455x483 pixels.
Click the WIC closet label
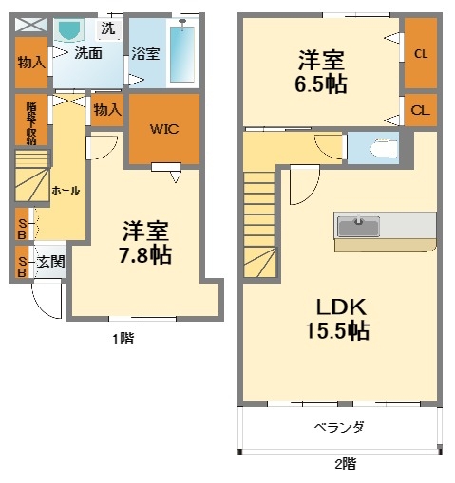[163, 128]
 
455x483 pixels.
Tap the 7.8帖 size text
[145, 254]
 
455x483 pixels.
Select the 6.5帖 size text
[319, 84]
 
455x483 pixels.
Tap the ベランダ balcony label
[339, 427]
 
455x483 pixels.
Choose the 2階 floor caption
[344, 465]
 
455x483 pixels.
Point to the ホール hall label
[65, 190]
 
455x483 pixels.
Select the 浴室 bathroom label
[145, 54]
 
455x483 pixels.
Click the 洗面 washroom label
[89, 54]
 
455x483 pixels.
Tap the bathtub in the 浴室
[183, 51]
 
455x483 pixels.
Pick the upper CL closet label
[420, 54]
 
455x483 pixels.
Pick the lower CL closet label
[419, 110]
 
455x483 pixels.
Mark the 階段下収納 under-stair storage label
[30, 120]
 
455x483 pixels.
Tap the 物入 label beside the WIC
[105, 110]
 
